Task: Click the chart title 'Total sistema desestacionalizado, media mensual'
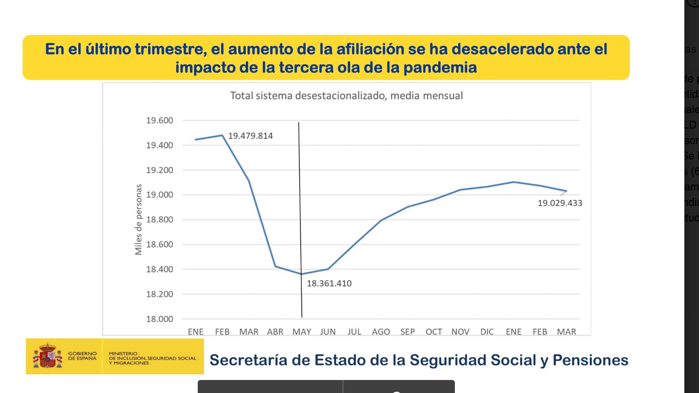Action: pos(346,96)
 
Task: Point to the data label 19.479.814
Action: pos(250,136)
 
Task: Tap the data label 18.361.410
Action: pos(329,284)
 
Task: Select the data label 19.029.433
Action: pos(560,203)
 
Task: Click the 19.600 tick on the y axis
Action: pos(159,120)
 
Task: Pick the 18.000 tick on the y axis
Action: pos(159,319)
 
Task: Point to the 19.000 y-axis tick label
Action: pos(159,195)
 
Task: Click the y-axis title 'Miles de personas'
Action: pos(138,220)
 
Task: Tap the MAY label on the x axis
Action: pos(301,332)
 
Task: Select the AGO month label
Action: pos(381,332)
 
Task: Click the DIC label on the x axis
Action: pos(487,332)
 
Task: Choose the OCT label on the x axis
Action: pos(434,332)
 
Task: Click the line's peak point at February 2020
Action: pos(222,135)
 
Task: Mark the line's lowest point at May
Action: pos(301,274)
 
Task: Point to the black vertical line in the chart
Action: pos(300,203)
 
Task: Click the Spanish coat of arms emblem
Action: pos(48,356)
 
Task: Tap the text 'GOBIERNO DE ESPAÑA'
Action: pos(82,356)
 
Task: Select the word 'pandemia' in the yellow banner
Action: pos(440,68)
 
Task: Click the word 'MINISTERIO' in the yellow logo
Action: pos(123,354)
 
